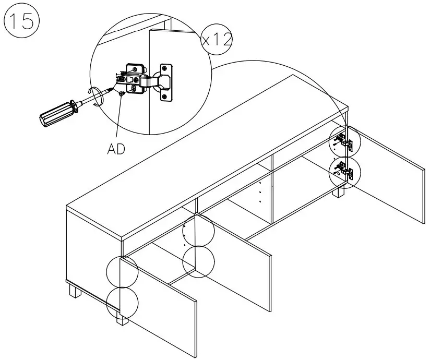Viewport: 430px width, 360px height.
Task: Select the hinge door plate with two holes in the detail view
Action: pos(165,82)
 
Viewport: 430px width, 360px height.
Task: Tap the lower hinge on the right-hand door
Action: pos(342,171)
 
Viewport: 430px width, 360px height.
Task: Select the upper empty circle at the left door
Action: pos(122,271)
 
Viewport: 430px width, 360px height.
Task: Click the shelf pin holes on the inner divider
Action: pos(259,193)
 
